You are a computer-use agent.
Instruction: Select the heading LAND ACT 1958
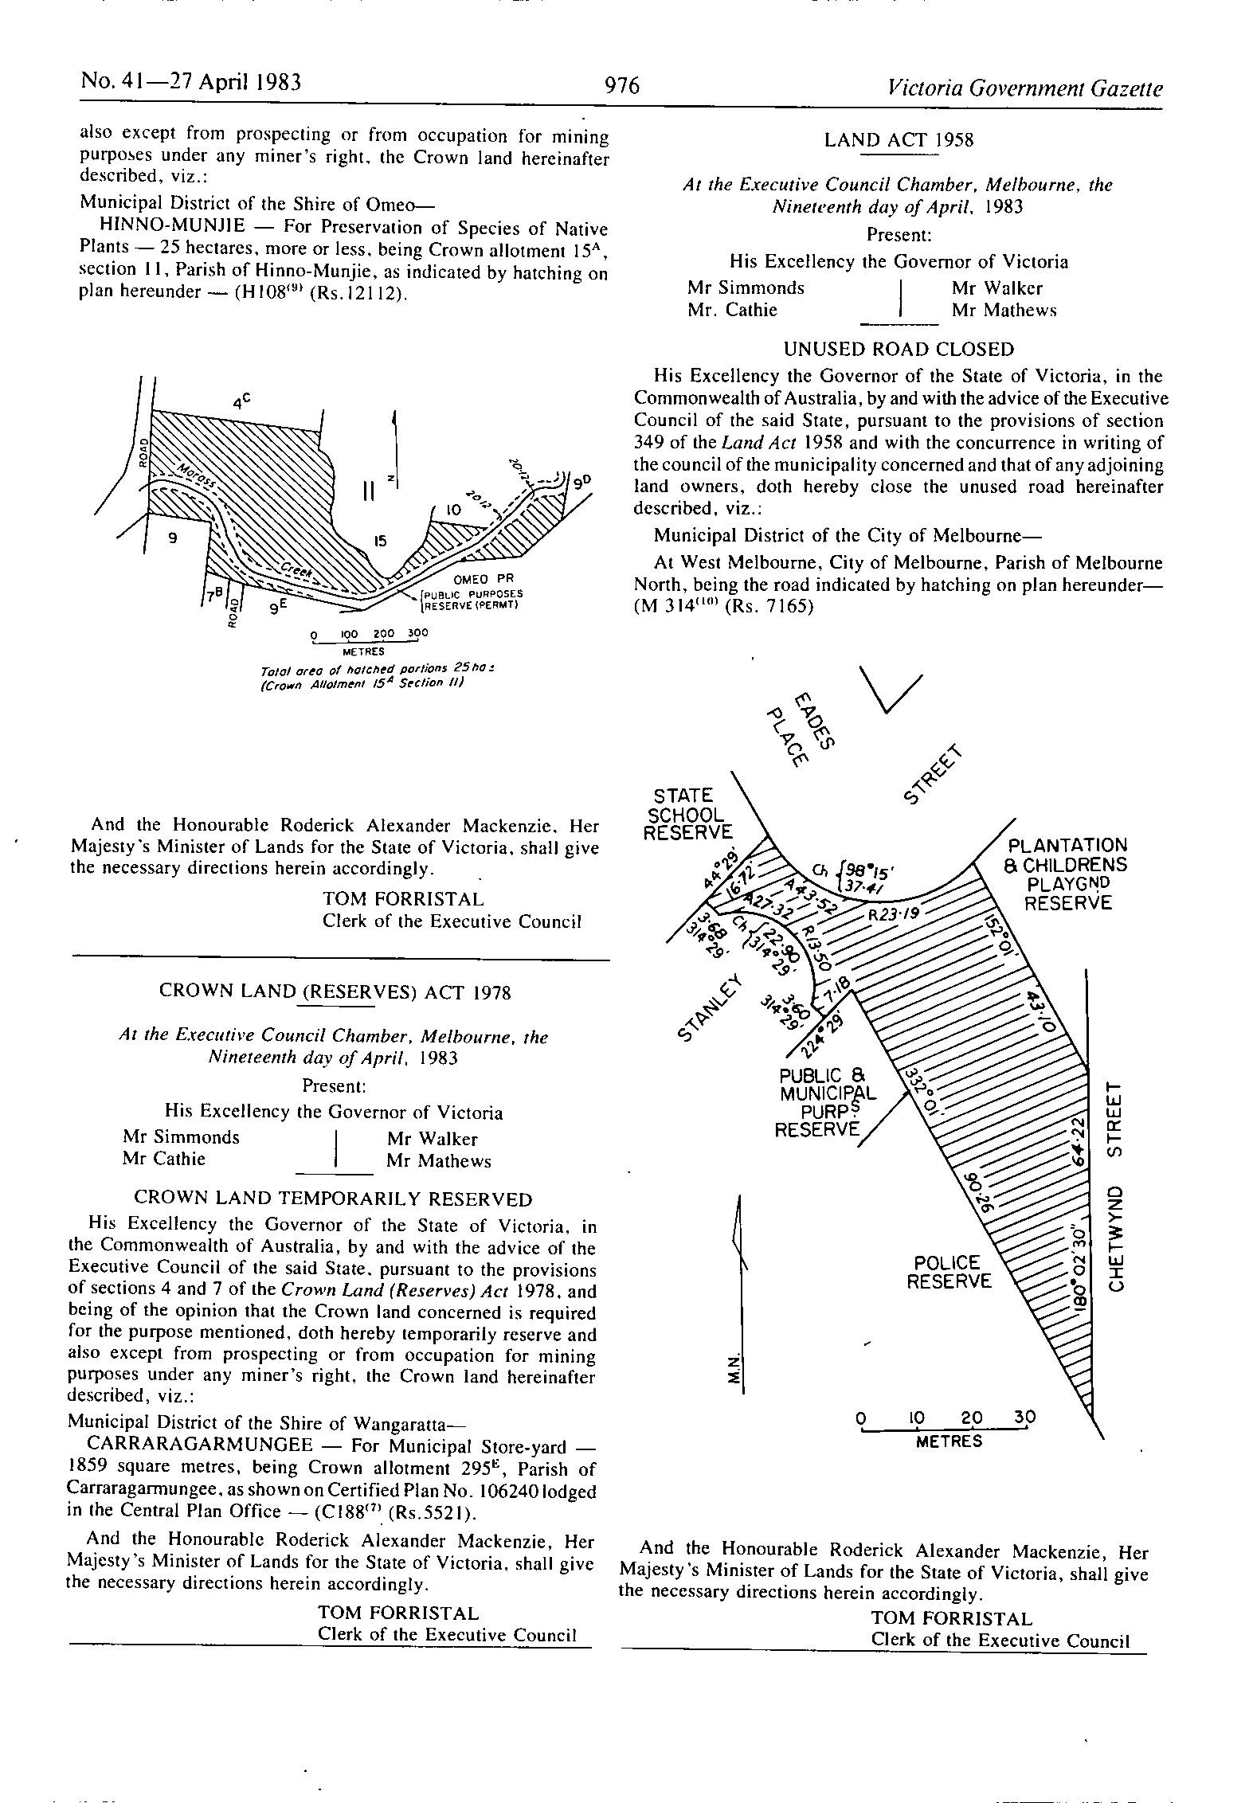899,141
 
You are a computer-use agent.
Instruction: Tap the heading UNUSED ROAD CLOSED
899,350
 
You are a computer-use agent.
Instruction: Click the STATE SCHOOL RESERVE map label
687,814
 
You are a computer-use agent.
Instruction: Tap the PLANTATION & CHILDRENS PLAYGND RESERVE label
1067,874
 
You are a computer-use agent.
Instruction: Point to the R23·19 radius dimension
894,915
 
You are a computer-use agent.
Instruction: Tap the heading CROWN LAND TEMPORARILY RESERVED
333,1199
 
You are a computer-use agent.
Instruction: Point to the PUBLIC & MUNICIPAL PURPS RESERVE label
822,1103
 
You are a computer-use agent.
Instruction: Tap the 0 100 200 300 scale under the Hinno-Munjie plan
369,636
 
